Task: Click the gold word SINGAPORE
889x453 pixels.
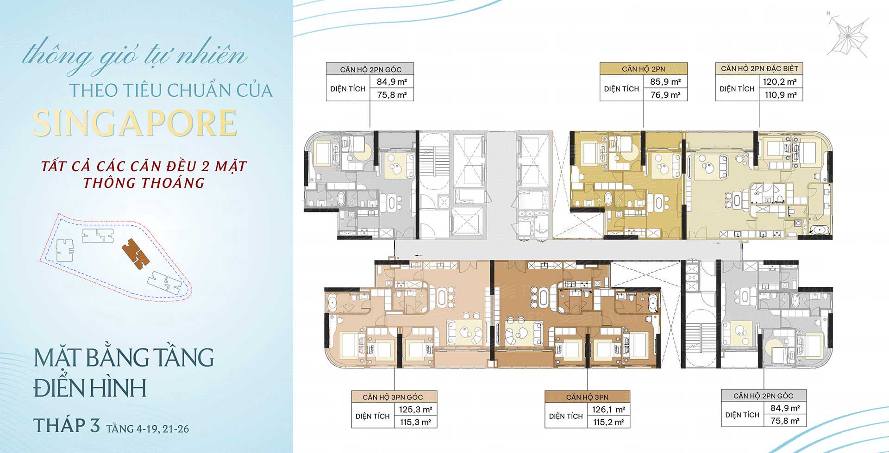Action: [135, 123]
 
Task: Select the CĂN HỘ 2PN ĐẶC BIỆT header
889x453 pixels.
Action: [759, 68]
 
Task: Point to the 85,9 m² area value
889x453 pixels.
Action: [665, 82]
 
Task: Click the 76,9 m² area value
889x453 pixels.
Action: [665, 95]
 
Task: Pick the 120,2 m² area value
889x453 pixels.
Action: [781, 82]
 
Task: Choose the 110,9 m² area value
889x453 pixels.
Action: [781, 95]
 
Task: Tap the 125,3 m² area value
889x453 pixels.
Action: [415, 410]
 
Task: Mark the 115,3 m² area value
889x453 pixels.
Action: [415, 422]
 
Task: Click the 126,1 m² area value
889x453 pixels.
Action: [608, 410]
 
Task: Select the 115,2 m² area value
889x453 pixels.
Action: [608, 422]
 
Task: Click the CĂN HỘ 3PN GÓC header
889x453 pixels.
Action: [393, 397]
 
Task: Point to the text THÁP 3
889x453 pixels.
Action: [67, 425]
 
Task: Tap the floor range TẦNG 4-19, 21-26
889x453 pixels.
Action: [148, 429]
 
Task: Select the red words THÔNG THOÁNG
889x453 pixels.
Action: [144, 183]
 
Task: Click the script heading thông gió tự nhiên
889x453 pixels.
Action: [134, 56]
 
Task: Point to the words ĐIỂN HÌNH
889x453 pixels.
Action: [90, 388]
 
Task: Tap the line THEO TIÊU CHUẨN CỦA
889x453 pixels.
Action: [171, 90]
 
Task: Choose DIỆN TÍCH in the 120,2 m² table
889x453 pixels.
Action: [737, 88]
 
